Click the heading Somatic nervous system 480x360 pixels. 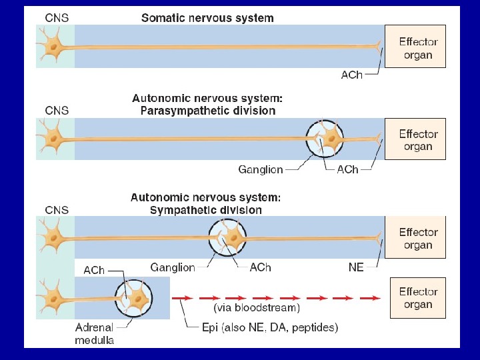pyautogui.click(x=207, y=18)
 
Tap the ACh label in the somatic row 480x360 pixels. pyautogui.click(x=351, y=75)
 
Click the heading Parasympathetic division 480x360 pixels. pyautogui.click(x=207, y=111)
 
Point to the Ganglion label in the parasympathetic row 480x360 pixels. pyautogui.click(x=261, y=169)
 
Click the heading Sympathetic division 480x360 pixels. pyautogui.click(x=205, y=209)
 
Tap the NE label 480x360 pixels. pyautogui.click(x=356, y=267)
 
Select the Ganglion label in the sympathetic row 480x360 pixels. pyautogui.click(x=173, y=267)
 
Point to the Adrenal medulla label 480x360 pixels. pyautogui.click(x=95, y=333)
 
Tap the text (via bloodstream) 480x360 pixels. pyautogui.click(x=257, y=308)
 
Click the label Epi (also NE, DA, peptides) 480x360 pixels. pyautogui.click(x=271, y=327)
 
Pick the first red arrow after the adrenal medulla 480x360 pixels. pyautogui.click(x=182, y=297)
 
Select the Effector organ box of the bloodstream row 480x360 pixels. pyautogui.click(x=418, y=298)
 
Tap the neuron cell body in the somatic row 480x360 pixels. pyautogui.click(x=53, y=47)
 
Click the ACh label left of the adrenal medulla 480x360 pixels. pyautogui.click(x=94, y=270)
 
